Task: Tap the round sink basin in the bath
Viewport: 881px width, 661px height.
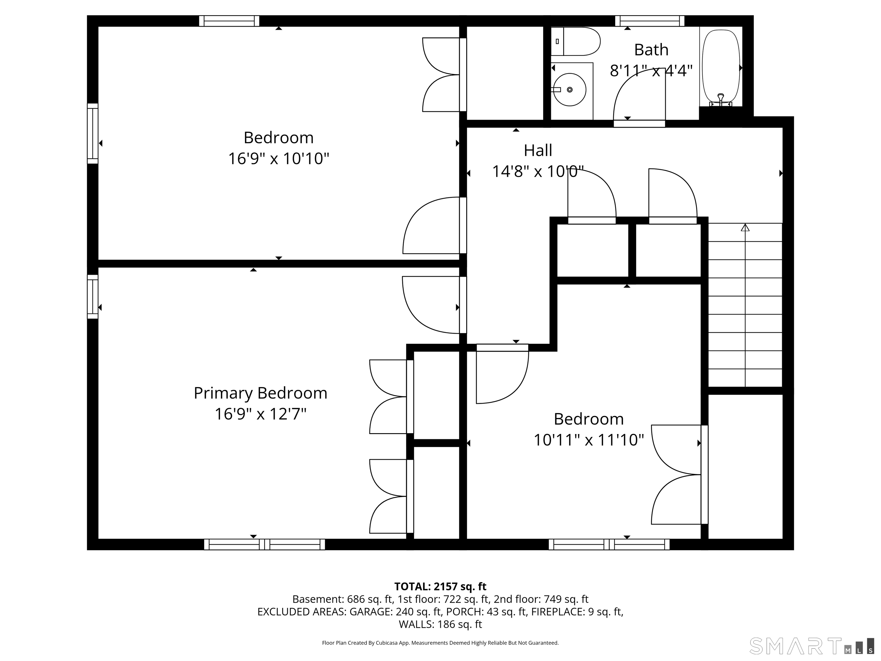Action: click(570, 90)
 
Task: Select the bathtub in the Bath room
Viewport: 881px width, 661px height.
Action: click(721, 68)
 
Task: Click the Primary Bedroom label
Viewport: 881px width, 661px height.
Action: click(260, 393)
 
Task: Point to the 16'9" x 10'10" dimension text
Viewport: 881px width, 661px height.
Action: click(279, 159)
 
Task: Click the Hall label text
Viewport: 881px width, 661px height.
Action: click(538, 151)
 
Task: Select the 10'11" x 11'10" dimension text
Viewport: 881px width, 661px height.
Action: click(589, 440)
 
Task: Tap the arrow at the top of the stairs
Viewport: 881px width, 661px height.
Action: click(745, 228)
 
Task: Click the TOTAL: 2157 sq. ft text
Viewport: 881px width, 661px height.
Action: click(440, 586)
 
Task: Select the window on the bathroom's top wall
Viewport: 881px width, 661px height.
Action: click(650, 21)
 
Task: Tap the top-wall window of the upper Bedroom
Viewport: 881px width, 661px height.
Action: click(229, 21)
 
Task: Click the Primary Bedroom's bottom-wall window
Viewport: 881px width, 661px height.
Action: click(264, 544)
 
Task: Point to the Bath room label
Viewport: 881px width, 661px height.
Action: click(651, 50)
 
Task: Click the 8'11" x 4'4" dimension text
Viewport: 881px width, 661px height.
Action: click(651, 71)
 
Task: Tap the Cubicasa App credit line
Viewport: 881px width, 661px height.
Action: click(440, 643)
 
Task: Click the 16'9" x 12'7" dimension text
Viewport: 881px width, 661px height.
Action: click(260, 414)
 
